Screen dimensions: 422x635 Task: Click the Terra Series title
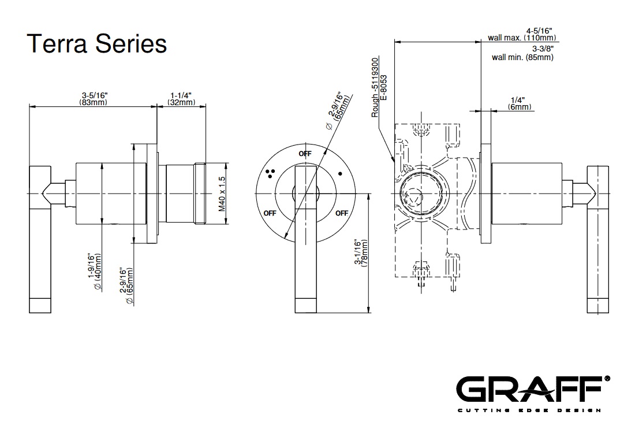[x=97, y=43]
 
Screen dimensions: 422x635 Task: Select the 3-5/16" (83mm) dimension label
[x=94, y=99]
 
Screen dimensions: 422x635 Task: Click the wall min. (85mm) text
[x=522, y=57]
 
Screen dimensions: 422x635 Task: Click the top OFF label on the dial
[x=305, y=154]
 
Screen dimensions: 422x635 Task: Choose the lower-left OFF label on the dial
[x=270, y=213]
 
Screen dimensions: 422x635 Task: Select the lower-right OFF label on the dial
[x=342, y=213]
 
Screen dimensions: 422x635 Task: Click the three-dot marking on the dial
[x=270, y=171]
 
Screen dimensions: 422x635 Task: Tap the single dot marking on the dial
[x=340, y=172]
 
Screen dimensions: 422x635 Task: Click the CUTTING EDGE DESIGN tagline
[x=529, y=410]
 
